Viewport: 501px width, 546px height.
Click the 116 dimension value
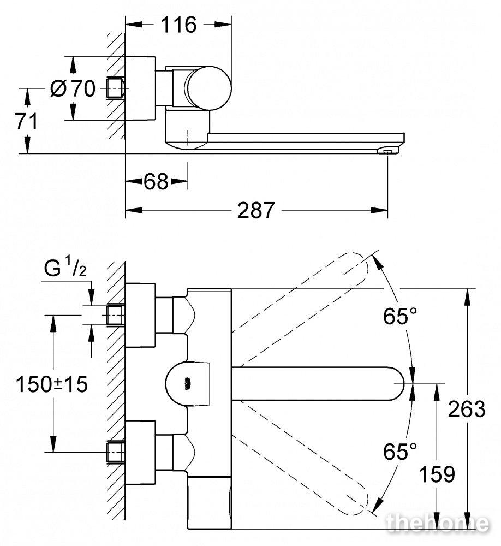click(x=178, y=25)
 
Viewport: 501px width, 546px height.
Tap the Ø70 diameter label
click(x=73, y=88)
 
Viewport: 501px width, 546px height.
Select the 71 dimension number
click(x=26, y=122)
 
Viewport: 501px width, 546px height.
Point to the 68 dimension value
click(x=156, y=181)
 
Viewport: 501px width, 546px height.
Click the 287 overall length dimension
click(x=256, y=211)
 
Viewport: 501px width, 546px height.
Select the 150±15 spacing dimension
click(x=52, y=384)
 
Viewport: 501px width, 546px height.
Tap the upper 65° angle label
click(x=399, y=316)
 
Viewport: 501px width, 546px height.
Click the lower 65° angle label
click(x=399, y=452)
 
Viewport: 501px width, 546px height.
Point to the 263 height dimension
click(x=467, y=409)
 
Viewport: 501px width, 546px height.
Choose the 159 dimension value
click(x=437, y=474)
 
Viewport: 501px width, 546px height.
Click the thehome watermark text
click(x=437, y=523)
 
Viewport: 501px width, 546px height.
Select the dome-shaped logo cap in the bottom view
click(x=188, y=384)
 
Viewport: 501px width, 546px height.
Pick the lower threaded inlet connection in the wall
click(x=115, y=452)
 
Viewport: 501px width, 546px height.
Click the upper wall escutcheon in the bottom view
click(x=140, y=315)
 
